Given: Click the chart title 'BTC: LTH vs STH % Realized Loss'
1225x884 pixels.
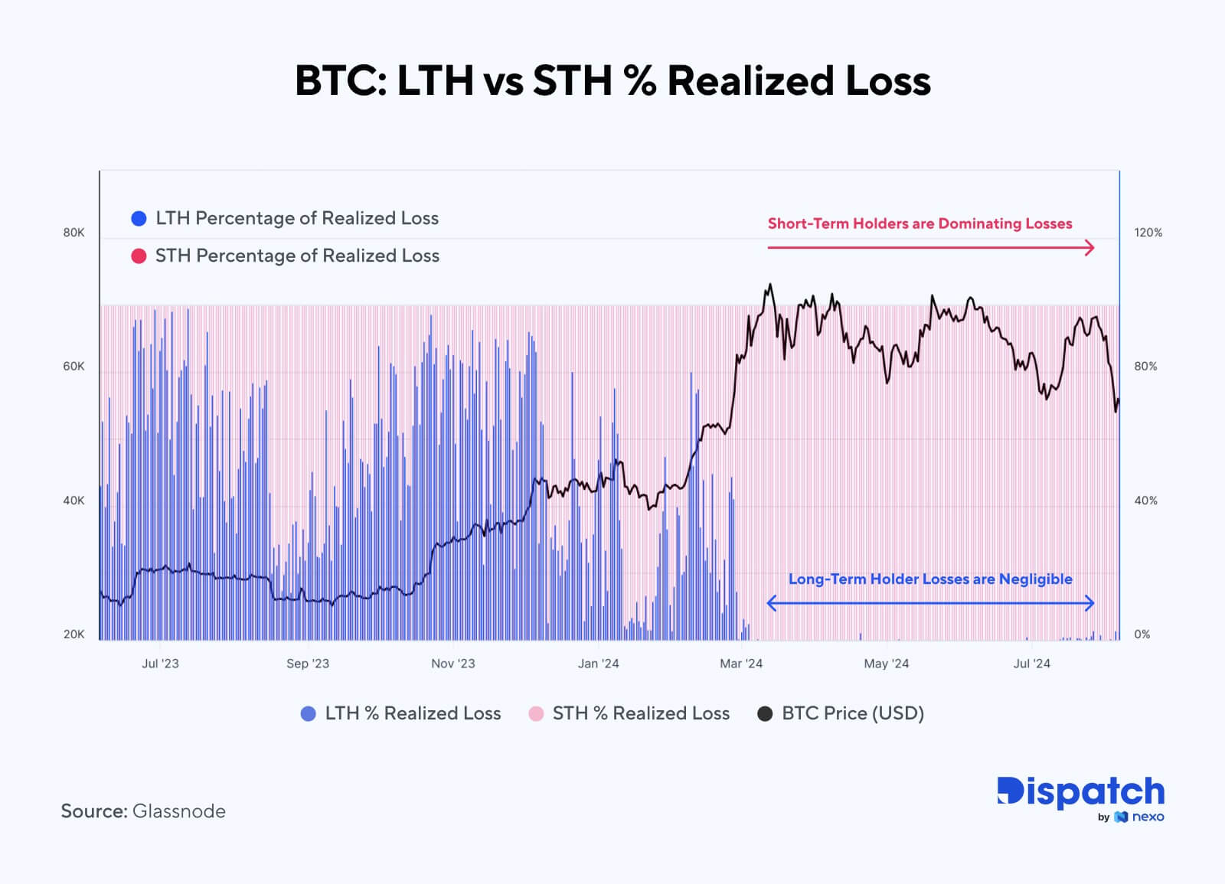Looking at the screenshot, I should tap(612, 80).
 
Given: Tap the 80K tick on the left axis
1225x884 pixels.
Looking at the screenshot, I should tap(73, 233).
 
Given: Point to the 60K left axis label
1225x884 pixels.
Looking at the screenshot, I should tap(73, 367).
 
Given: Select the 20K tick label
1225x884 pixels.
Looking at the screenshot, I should tap(73, 634).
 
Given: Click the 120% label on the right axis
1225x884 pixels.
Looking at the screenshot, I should tap(1148, 233).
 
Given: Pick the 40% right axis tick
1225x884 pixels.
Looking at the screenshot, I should tap(1145, 501).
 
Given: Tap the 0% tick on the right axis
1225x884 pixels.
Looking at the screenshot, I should tap(1142, 634).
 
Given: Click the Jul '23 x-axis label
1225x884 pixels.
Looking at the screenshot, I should tap(160, 664).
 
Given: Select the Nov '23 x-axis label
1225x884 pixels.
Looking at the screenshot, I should tap(452, 664).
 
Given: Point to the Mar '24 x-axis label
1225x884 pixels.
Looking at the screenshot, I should tap(741, 664).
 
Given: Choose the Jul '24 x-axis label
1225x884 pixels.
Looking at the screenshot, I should tap(1031, 664).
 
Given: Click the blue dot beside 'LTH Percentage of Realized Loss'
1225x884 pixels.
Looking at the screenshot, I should tap(139, 219).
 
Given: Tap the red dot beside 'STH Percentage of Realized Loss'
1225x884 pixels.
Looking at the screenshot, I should tap(139, 256).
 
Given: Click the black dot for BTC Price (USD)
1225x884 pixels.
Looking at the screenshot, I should tap(765, 714).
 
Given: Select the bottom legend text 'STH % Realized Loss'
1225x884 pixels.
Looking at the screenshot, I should tap(641, 713).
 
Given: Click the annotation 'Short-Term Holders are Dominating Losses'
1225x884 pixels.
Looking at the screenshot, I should tap(920, 223).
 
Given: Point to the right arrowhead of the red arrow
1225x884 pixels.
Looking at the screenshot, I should tap(1090, 247).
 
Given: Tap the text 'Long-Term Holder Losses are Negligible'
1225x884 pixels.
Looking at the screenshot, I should tap(930, 579).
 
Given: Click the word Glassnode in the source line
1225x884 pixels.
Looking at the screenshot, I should tap(179, 811).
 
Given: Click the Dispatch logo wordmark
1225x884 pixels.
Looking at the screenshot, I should tap(1080, 792).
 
